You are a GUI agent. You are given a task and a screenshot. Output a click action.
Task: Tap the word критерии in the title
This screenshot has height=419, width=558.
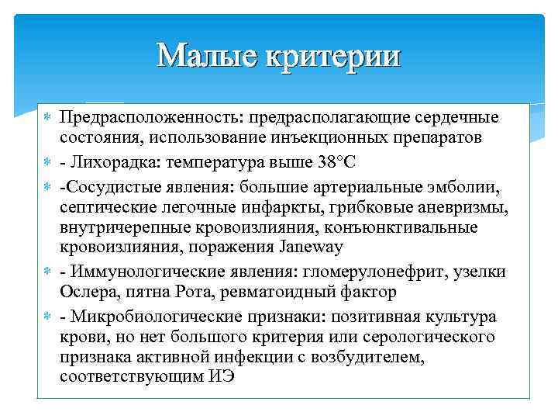coord(335,56)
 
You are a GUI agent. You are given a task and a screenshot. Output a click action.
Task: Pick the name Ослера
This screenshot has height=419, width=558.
coord(84,293)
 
